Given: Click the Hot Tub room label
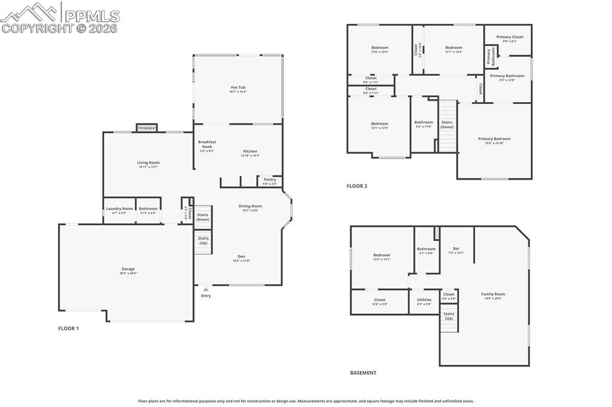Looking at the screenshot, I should tap(238, 88).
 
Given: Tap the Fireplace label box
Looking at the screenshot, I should tap(146, 128).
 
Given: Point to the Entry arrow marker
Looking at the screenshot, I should tap(206, 289).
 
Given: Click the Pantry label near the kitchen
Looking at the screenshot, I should tap(270, 180).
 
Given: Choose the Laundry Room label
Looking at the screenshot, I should tap(120, 209).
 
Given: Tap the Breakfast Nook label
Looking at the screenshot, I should tap(207, 144).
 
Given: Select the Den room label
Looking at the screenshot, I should tap(241, 257).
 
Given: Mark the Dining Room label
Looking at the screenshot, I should tap(250, 206).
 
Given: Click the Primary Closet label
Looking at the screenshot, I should tap(509, 37).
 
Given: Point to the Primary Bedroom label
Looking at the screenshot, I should tap(494, 139).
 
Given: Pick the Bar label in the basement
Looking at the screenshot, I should tap(456, 248).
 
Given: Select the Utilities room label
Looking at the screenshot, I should tap(424, 300).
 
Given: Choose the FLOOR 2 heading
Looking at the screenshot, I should tap(357, 186).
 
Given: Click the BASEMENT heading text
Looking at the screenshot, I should tap(363, 373).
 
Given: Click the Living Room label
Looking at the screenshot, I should tap(148, 163).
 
